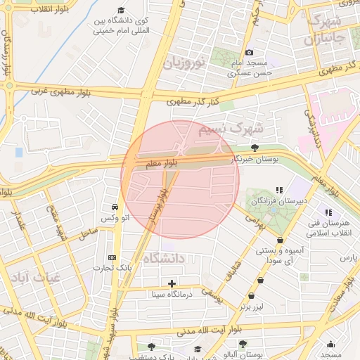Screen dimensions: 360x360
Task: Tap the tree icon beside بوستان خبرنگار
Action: [x=253, y=148]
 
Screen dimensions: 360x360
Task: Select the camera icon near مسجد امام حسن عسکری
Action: [x=250, y=52]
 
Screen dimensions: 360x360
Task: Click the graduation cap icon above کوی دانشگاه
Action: [x=121, y=11]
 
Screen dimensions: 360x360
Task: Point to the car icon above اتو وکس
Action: [x=114, y=207]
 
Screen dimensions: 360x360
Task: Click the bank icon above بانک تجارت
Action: [x=112, y=257]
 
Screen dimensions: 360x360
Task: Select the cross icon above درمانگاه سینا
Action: [x=172, y=283]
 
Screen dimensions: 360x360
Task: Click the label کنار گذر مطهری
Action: [x=194, y=103]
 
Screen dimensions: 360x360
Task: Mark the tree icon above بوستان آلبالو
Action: [x=243, y=344]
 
